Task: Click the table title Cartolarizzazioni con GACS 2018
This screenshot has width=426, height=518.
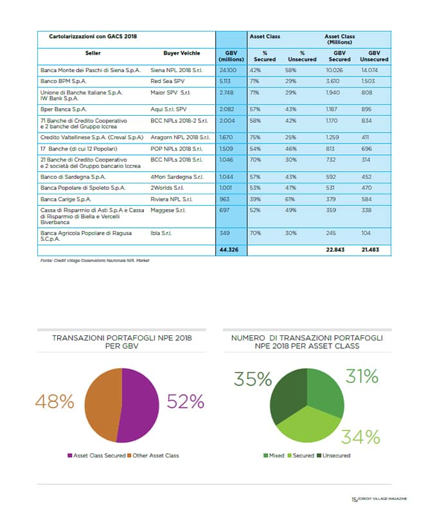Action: [x=93, y=37]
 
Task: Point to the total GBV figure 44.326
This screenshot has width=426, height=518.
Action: [x=230, y=249]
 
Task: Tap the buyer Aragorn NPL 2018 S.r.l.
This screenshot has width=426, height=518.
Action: [x=180, y=138]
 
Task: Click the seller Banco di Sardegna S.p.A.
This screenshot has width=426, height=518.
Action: [x=71, y=177]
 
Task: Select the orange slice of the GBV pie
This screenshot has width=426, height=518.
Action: [x=100, y=399]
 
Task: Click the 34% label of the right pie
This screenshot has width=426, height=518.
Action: [x=360, y=437]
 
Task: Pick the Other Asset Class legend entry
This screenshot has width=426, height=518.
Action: [x=155, y=456]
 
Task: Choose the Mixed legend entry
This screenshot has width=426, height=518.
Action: [x=275, y=456]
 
